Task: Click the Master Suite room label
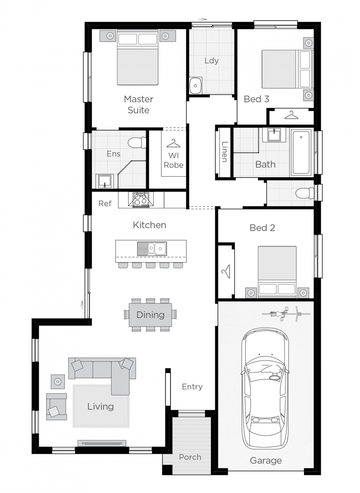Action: click(138, 105)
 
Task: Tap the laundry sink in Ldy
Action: click(195, 86)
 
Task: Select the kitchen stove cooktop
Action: click(141, 199)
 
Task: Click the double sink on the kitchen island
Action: click(152, 249)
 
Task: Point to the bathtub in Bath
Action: click(301, 152)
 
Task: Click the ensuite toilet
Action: click(136, 143)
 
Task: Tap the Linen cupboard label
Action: click(224, 151)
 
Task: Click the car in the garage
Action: click(265, 389)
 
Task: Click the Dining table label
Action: click(150, 315)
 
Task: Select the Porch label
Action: click(190, 457)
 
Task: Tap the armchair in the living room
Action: click(56, 407)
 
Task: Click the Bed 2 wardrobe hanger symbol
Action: click(226, 271)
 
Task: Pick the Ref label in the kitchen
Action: click(105, 204)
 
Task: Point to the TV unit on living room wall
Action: click(101, 443)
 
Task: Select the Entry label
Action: click(192, 387)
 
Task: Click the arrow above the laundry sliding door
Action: click(203, 19)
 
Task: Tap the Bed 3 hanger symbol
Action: click(291, 114)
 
